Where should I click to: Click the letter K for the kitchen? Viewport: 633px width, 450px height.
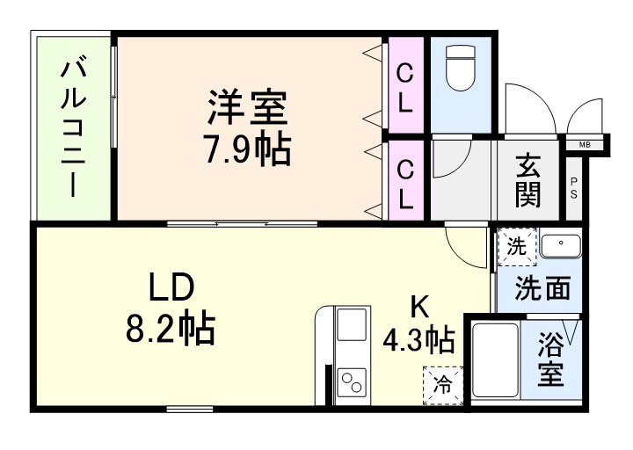(420, 306)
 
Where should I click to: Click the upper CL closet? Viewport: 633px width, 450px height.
(405, 86)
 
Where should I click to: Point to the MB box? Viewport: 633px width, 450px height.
(585, 144)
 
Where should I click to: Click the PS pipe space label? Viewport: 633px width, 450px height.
(573, 188)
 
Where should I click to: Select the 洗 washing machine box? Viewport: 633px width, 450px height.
(515, 247)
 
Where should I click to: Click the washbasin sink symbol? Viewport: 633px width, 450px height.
(559, 245)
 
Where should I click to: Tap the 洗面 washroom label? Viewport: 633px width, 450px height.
(542, 287)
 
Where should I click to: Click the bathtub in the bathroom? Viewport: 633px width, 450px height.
(496, 360)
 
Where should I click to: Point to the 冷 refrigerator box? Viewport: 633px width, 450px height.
(442, 383)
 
